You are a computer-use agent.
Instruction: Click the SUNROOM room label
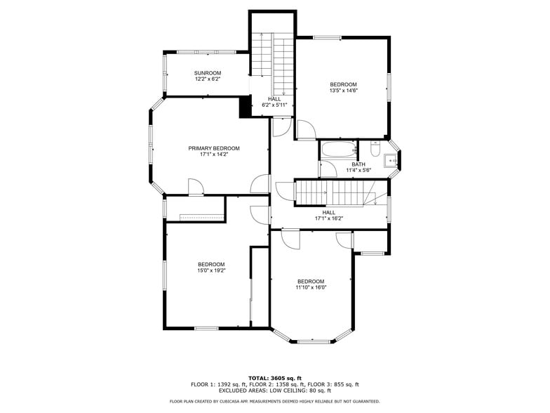208,73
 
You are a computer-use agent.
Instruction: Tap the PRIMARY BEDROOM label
213,148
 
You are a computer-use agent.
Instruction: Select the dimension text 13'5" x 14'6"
343,91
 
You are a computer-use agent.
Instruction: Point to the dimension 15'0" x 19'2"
211,270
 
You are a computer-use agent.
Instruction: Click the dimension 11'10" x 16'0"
311,287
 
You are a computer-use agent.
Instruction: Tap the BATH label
358,164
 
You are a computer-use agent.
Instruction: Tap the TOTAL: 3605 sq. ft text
274,378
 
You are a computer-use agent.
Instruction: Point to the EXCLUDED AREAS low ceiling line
274,391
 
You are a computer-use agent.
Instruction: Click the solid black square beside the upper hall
245,107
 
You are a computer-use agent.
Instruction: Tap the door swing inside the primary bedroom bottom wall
196,187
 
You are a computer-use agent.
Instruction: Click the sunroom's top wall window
196,51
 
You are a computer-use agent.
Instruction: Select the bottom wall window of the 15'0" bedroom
206,328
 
